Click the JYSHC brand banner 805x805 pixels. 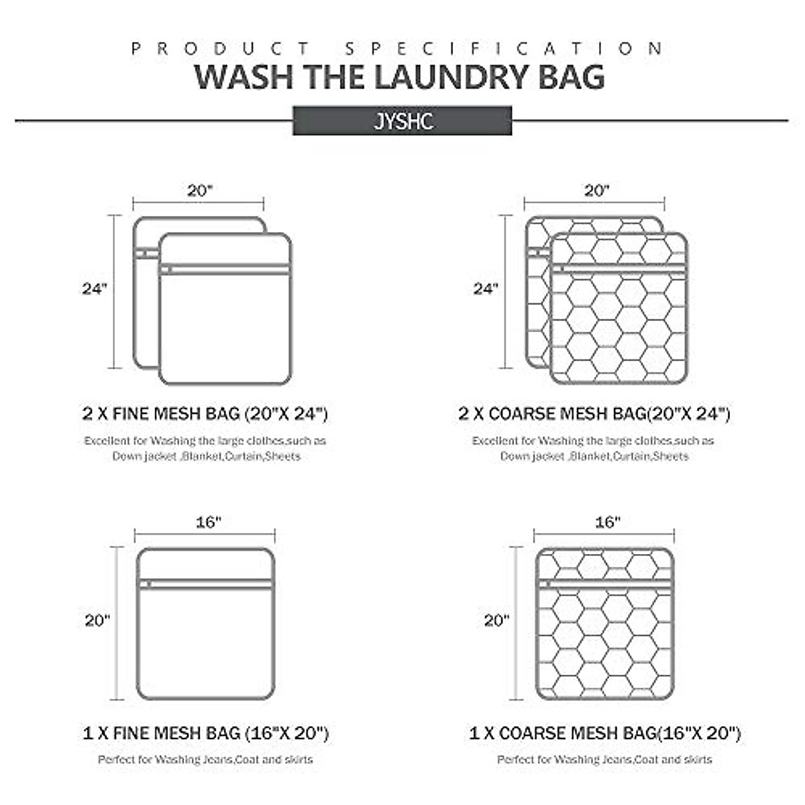click(402, 121)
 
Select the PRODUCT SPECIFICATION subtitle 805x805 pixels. click(397, 48)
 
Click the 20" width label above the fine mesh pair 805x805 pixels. click(199, 191)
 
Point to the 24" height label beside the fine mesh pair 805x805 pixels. click(95, 288)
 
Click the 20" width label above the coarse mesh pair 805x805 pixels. click(596, 191)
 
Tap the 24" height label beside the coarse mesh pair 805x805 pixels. click(486, 288)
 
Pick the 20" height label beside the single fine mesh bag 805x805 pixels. click(97, 621)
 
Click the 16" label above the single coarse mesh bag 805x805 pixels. click(607, 522)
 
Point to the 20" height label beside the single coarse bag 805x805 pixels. click(496, 621)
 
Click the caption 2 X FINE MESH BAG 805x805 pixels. click(205, 413)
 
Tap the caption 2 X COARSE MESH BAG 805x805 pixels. click(594, 413)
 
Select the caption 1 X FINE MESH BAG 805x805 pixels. click(206, 733)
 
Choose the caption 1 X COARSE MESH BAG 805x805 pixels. click(605, 733)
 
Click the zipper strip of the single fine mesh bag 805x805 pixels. click(207, 584)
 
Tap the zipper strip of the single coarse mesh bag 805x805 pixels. click(605, 584)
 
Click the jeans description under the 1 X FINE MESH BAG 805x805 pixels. click(205, 760)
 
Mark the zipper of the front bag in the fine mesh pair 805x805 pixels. click(225, 269)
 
